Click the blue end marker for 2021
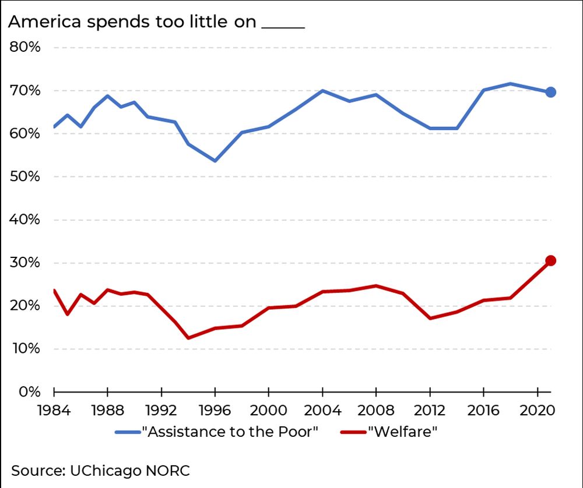[x=550, y=92]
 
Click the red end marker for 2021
[x=550, y=260]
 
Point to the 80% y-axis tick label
[x=25, y=47]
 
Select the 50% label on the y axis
[x=25, y=176]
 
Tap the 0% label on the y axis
[x=29, y=392]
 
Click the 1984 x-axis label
[x=54, y=409]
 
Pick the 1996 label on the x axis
[x=215, y=409]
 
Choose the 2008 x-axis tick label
[x=376, y=409]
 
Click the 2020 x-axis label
[x=536, y=409]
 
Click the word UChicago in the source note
[x=103, y=470]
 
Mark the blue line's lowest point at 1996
[x=215, y=161]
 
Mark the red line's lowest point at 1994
[x=188, y=338]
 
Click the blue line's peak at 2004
[x=322, y=91]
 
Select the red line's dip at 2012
[x=430, y=318]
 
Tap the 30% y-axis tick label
[x=25, y=263]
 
